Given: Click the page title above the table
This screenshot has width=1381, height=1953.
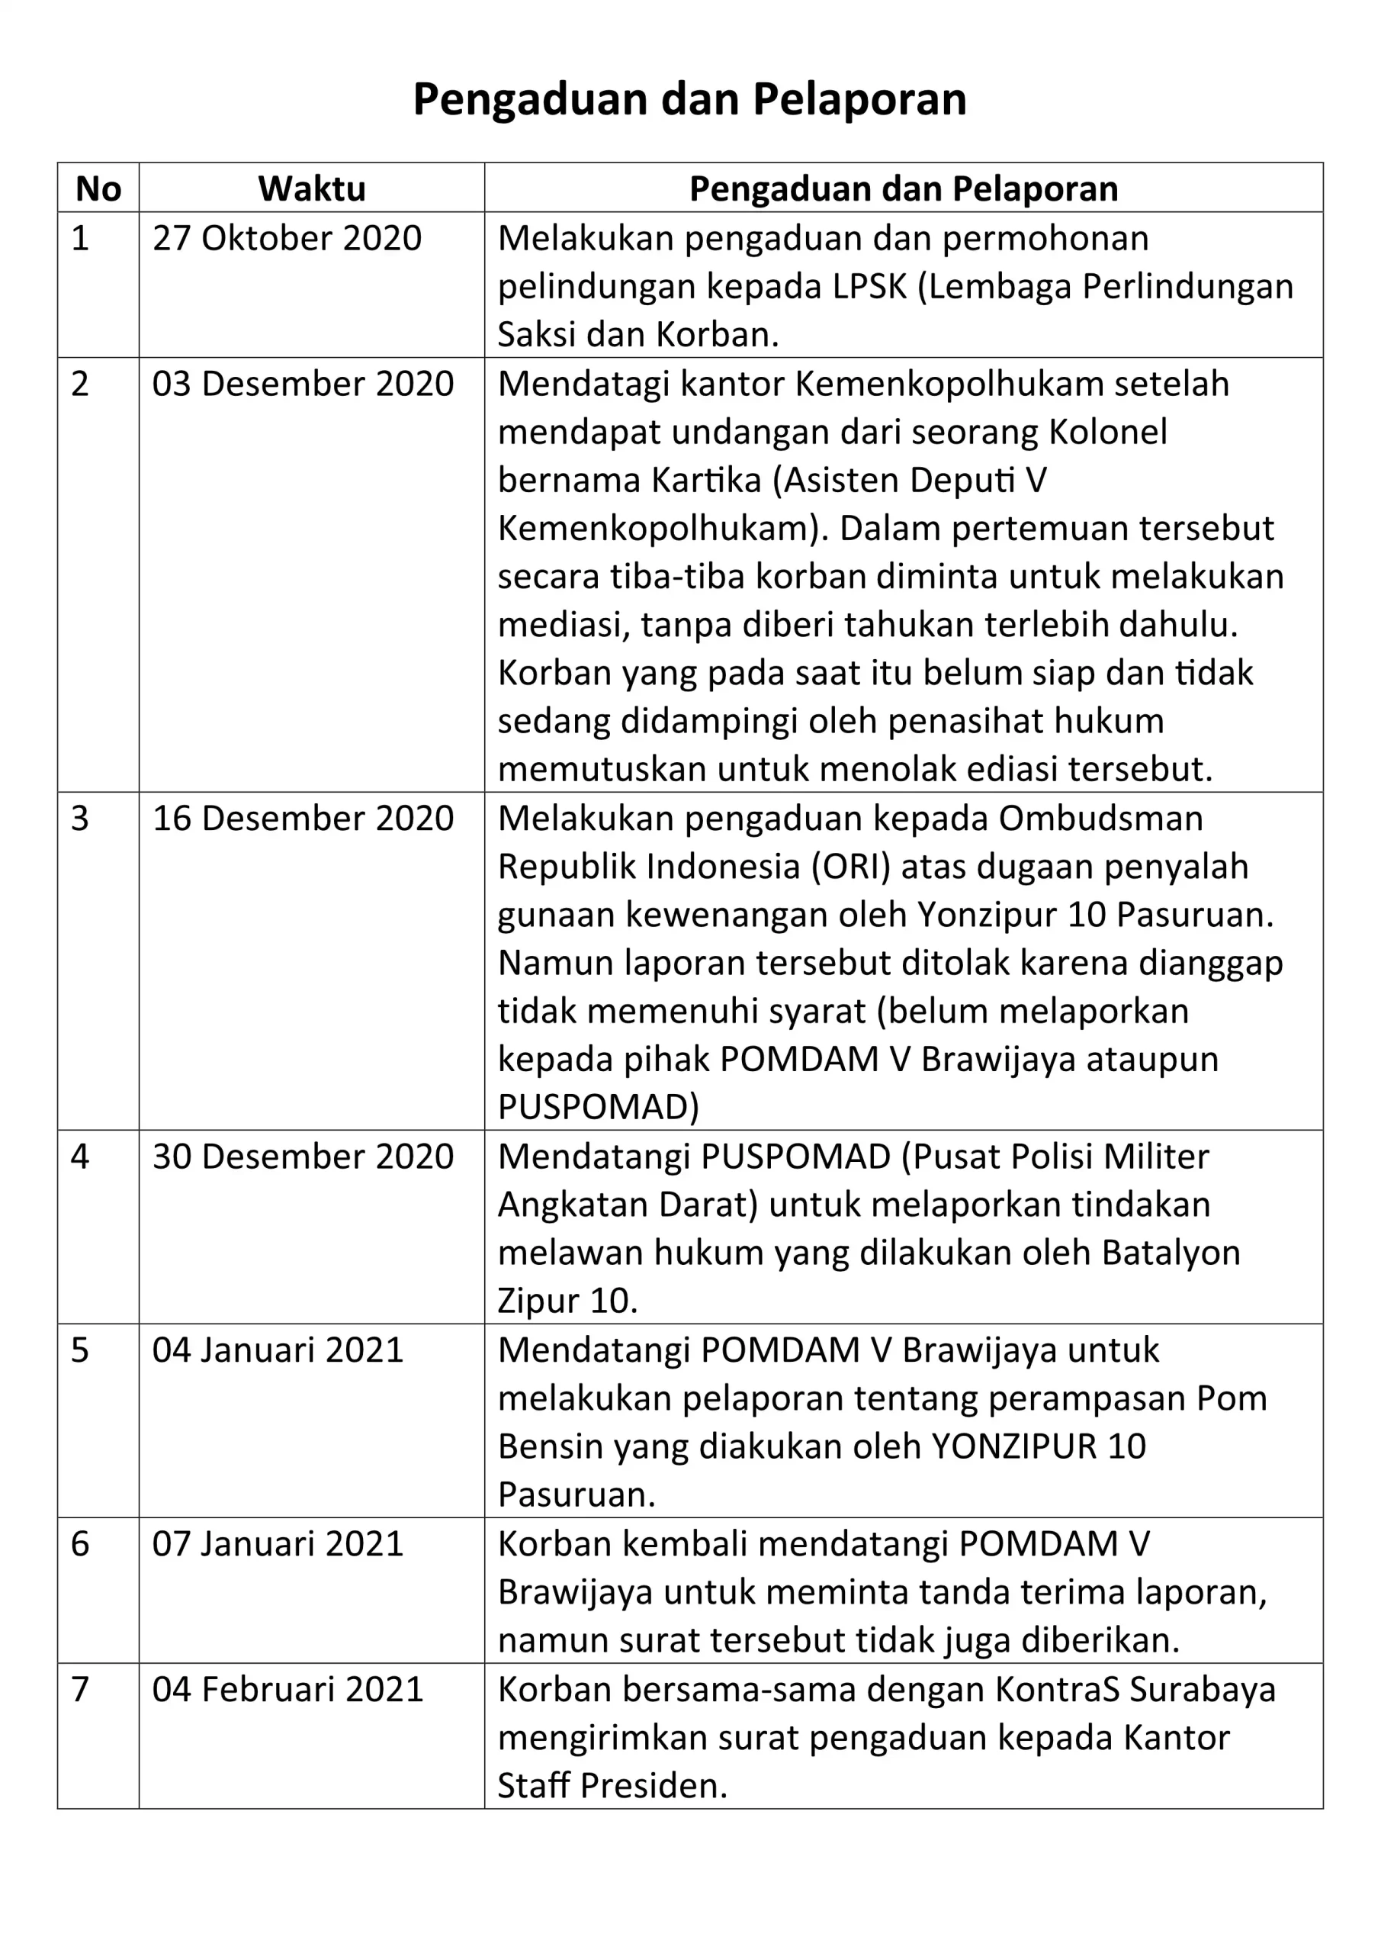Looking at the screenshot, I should pyautogui.click(x=689, y=99).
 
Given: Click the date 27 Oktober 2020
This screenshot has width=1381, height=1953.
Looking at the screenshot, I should pyautogui.click(x=287, y=238).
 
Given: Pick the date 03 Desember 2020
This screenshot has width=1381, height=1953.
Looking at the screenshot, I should pyautogui.click(x=303, y=384).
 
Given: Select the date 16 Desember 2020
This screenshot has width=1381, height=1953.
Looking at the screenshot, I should pyautogui.click(x=303, y=819).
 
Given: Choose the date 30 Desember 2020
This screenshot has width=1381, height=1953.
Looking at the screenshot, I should pyautogui.click(x=303, y=1157).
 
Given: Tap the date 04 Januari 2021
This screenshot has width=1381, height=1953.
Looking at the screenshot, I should pyautogui.click(x=278, y=1350).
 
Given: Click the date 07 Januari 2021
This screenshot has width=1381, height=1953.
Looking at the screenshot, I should pyautogui.click(x=278, y=1544).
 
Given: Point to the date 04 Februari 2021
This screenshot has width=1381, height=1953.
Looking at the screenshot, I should pyautogui.click(x=287, y=1689).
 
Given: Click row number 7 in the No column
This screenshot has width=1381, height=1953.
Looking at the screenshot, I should pyautogui.click(x=80, y=1689).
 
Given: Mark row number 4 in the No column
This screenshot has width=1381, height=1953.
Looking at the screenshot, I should pyautogui.click(x=80, y=1157).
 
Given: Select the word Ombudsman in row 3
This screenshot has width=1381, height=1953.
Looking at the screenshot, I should pyautogui.click(x=1100, y=819).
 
